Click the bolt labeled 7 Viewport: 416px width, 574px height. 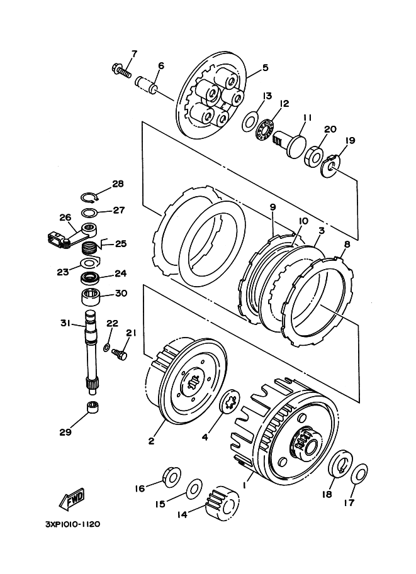tap(121, 70)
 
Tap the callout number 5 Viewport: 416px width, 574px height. tap(265, 67)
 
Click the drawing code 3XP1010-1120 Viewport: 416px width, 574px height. tap(72, 524)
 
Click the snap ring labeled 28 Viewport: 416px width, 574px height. tap(90, 197)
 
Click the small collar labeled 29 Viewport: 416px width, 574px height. tap(94, 406)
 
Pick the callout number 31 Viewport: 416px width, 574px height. tap(65, 323)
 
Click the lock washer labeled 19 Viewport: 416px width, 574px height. tap(330, 165)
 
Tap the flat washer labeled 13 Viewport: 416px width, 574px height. tap(250, 121)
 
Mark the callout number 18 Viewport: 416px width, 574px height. tap(327, 494)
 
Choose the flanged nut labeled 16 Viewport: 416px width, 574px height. tap(172, 477)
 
